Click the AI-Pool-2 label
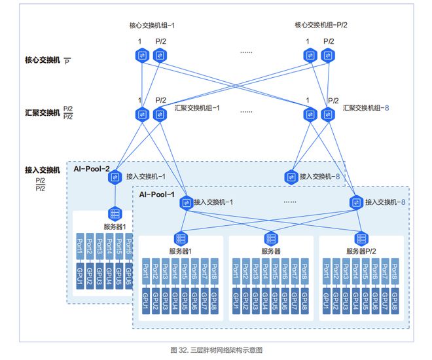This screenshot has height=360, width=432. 92,169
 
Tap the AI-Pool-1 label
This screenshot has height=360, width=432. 157,194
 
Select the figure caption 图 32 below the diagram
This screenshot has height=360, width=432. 216,350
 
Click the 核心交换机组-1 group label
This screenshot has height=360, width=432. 152,26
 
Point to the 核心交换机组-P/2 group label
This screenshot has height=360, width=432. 321,25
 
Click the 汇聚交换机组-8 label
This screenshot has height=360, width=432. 366,108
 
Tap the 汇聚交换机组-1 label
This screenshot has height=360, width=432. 197,108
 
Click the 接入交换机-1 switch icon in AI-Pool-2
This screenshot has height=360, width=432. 115,177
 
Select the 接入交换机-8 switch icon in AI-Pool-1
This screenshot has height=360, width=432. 356,202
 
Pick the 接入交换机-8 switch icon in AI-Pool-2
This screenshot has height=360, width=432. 291,177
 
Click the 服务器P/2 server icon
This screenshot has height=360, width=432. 361,239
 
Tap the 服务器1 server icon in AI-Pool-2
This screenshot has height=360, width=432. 115,213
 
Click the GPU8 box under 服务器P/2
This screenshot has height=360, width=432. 395,301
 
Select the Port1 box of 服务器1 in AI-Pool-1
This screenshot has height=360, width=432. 146,271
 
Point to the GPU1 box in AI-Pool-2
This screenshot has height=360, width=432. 80,276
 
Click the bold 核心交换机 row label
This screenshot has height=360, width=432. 43,60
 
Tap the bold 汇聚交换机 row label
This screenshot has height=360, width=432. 43,113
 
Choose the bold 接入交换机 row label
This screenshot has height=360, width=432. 43,170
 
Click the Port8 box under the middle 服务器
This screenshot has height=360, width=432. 304,271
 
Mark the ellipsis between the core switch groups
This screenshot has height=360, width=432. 246,52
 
